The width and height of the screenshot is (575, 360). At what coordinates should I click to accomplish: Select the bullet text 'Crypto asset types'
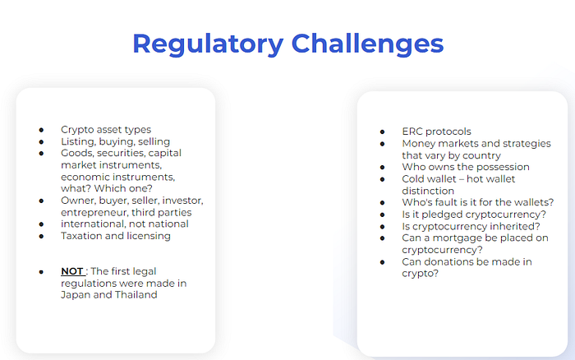click(105, 130)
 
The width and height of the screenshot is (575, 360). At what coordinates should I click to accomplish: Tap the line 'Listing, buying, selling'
click(115, 141)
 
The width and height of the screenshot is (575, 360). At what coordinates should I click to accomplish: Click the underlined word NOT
click(72, 270)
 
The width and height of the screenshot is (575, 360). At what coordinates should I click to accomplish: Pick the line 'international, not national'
click(124, 224)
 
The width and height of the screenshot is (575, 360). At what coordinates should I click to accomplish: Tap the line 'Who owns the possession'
click(465, 167)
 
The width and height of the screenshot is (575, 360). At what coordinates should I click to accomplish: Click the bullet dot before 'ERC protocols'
click(382, 132)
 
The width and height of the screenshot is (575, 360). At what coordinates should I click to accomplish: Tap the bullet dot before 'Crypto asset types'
click(41, 130)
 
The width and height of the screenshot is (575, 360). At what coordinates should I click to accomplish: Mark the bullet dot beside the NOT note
click(41, 270)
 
